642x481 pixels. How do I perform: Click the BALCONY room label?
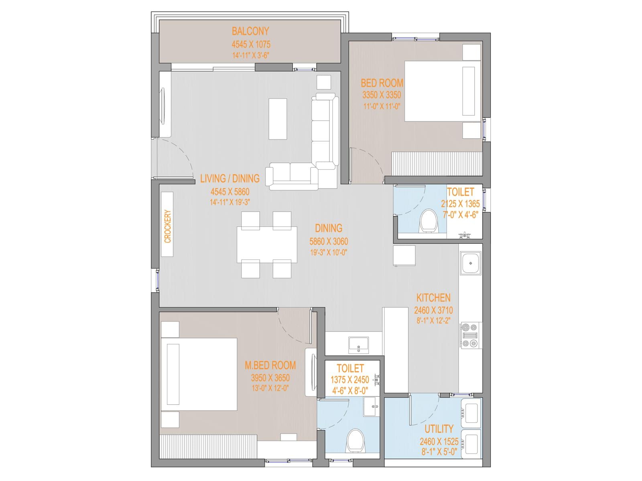(250, 31)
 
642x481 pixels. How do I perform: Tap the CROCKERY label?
(168, 226)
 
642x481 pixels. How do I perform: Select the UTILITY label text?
(439, 429)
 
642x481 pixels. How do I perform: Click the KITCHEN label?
(433, 298)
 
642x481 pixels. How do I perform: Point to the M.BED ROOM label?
(270, 365)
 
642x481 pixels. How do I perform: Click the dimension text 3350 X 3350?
(382, 95)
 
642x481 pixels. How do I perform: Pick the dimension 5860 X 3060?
(329, 241)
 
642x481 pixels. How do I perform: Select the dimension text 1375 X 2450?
(349, 380)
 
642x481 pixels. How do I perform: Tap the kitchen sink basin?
(470, 263)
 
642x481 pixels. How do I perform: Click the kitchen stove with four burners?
(470, 335)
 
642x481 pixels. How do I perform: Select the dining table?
(267, 245)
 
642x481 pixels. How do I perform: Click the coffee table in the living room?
(278, 119)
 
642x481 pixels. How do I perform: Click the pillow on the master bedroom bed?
(173, 374)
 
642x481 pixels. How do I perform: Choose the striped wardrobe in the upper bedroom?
(437, 164)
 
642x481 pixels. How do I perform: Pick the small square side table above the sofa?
(324, 82)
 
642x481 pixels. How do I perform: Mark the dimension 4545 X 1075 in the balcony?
(251, 44)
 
